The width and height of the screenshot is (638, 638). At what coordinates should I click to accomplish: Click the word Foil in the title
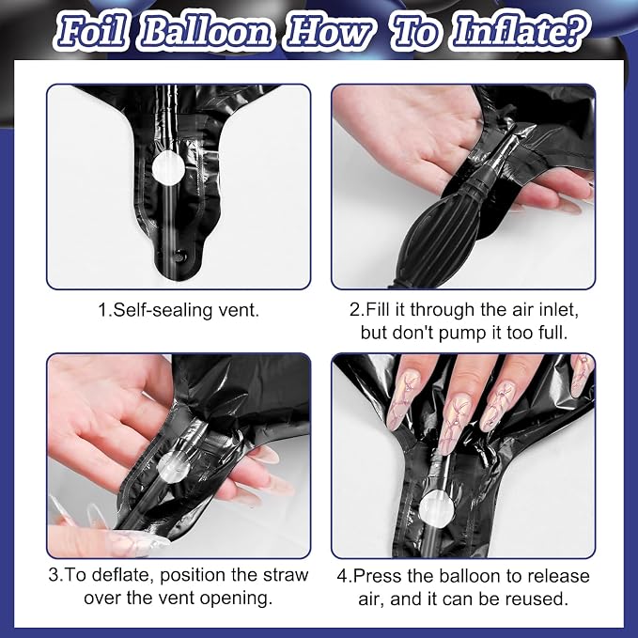(x=91, y=31)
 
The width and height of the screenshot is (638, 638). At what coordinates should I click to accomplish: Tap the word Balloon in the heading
(x=206, y=31)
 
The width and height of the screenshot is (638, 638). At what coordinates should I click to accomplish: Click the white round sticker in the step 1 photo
(x=168, y=167)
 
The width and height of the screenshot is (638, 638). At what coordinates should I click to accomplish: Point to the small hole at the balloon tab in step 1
(x=179, y=257)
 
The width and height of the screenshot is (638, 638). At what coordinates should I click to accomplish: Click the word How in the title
(x=330, y=32)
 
